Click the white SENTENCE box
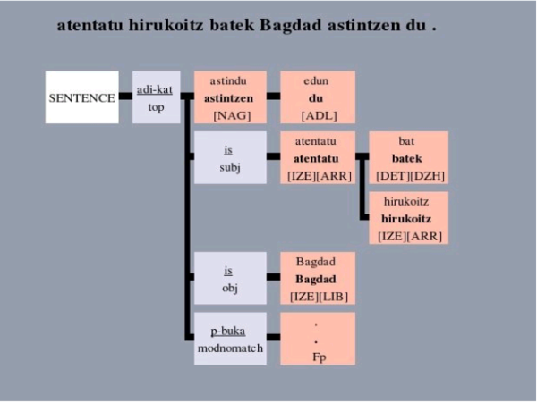tap(82, 97)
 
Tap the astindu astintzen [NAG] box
tap(230, 97)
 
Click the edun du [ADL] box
tap(318, 97)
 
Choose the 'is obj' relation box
tap(230, 278)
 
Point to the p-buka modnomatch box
tap(230, 339)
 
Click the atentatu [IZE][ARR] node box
tap(318, 158)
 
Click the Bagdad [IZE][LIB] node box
tap(318, 278)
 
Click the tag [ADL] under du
tap(318, 116)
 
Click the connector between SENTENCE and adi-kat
tap(125, 97)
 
